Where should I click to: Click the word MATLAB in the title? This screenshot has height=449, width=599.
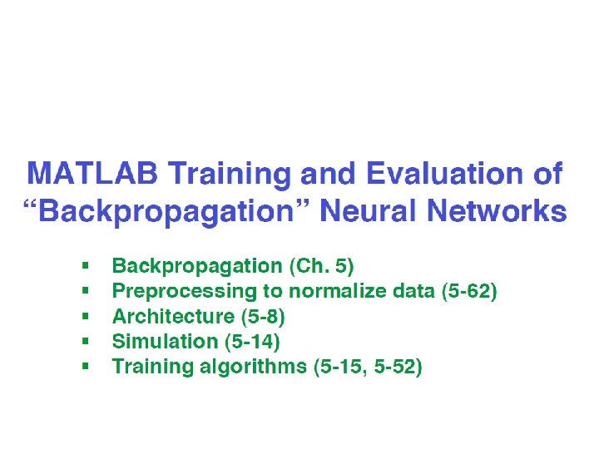92,173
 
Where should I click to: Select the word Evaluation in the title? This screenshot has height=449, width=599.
445,173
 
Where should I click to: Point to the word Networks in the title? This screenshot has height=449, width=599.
497,210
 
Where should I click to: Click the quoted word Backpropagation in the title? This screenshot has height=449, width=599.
166,212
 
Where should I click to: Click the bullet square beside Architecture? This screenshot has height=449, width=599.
85,316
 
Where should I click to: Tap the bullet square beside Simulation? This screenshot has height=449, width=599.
85,341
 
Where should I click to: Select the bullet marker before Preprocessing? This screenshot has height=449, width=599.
85,291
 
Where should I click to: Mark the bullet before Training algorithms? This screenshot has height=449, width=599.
85,366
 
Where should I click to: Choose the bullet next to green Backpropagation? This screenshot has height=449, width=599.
85,266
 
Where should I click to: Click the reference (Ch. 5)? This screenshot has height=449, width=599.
322,266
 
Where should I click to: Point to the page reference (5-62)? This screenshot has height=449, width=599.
469,291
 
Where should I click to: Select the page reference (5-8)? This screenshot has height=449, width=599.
263,317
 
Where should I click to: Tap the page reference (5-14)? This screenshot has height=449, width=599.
252,342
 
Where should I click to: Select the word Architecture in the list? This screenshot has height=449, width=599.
173,317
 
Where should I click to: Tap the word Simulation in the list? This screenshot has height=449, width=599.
165,342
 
